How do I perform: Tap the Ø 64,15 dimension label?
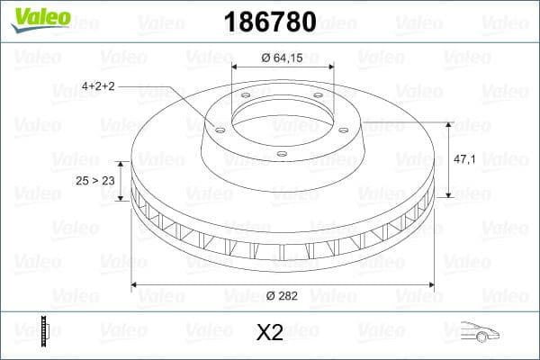[x=283, y=58]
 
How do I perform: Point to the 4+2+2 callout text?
[x=98, y=85]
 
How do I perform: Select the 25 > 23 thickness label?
[x=94, y=181]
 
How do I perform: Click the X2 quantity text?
[x=269, y=333]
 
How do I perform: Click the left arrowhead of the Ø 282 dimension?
[x=136, y=285]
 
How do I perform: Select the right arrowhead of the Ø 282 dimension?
[x=433, y=285]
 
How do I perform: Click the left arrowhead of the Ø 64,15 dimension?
[x=236, y=67]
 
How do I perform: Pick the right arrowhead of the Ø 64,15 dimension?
[x=331, y=67]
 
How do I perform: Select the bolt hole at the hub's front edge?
[x=281, y=154]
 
